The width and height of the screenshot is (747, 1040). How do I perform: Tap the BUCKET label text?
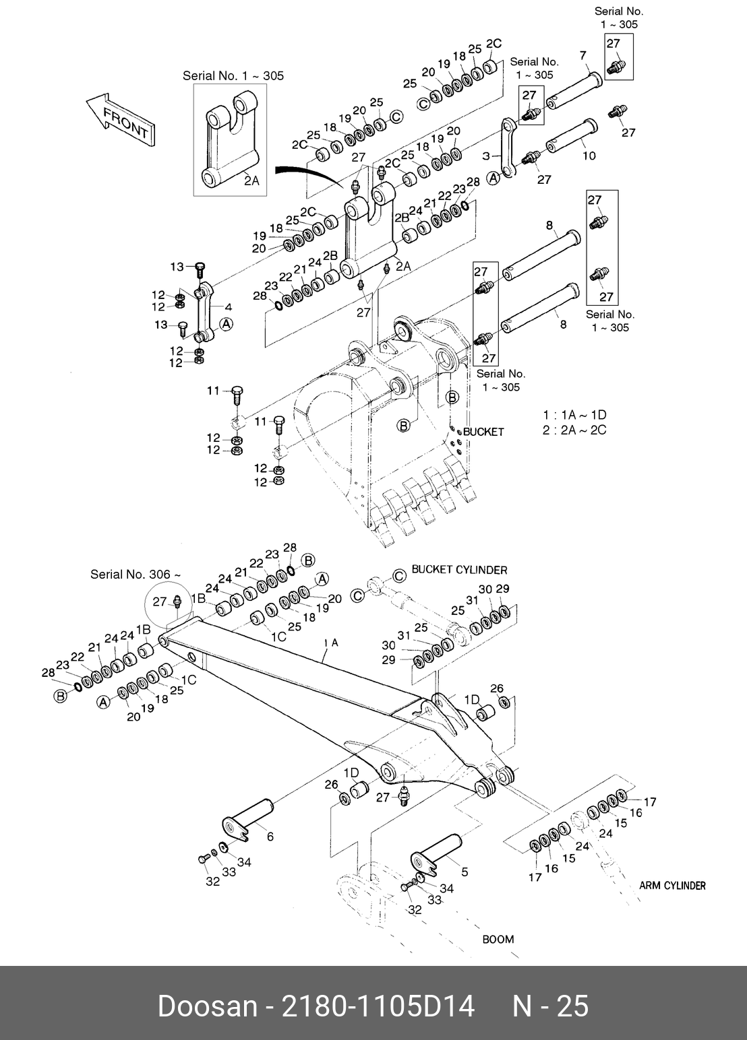483,432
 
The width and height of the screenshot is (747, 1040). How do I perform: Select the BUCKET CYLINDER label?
459,570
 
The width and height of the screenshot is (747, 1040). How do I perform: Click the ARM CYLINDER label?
671,886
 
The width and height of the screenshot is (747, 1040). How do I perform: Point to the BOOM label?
498,939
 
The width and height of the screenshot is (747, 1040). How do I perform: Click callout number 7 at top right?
582,55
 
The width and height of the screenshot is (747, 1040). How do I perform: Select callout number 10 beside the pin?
589,156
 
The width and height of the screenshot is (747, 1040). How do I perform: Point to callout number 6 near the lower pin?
270,837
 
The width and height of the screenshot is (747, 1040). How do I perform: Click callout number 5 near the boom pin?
464,872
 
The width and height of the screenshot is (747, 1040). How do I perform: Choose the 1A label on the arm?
331,643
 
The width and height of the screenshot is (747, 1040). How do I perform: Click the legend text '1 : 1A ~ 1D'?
574,415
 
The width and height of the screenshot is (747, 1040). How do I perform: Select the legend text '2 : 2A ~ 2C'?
574,430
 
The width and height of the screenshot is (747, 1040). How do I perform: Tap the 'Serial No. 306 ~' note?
136,575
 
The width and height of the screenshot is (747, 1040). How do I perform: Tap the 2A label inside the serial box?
251,180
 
